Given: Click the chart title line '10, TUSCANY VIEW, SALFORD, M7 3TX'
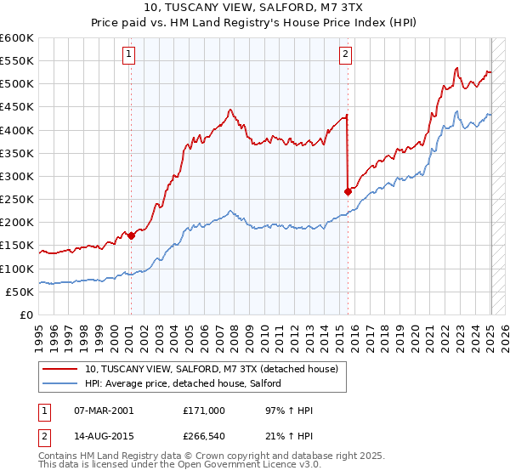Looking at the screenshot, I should (x=254, y=8).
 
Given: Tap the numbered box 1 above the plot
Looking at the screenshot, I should (x=128, y=55).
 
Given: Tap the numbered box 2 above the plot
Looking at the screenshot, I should (x=346, y=55).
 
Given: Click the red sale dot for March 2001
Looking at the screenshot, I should (x=131, y=236).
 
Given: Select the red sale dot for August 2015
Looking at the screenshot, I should (x=348, y=192).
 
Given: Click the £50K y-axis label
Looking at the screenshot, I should (x=20, y=292).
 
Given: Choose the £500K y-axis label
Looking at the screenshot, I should (x=17, y=84).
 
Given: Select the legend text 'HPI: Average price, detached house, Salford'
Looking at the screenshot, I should (x=188, y=383).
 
